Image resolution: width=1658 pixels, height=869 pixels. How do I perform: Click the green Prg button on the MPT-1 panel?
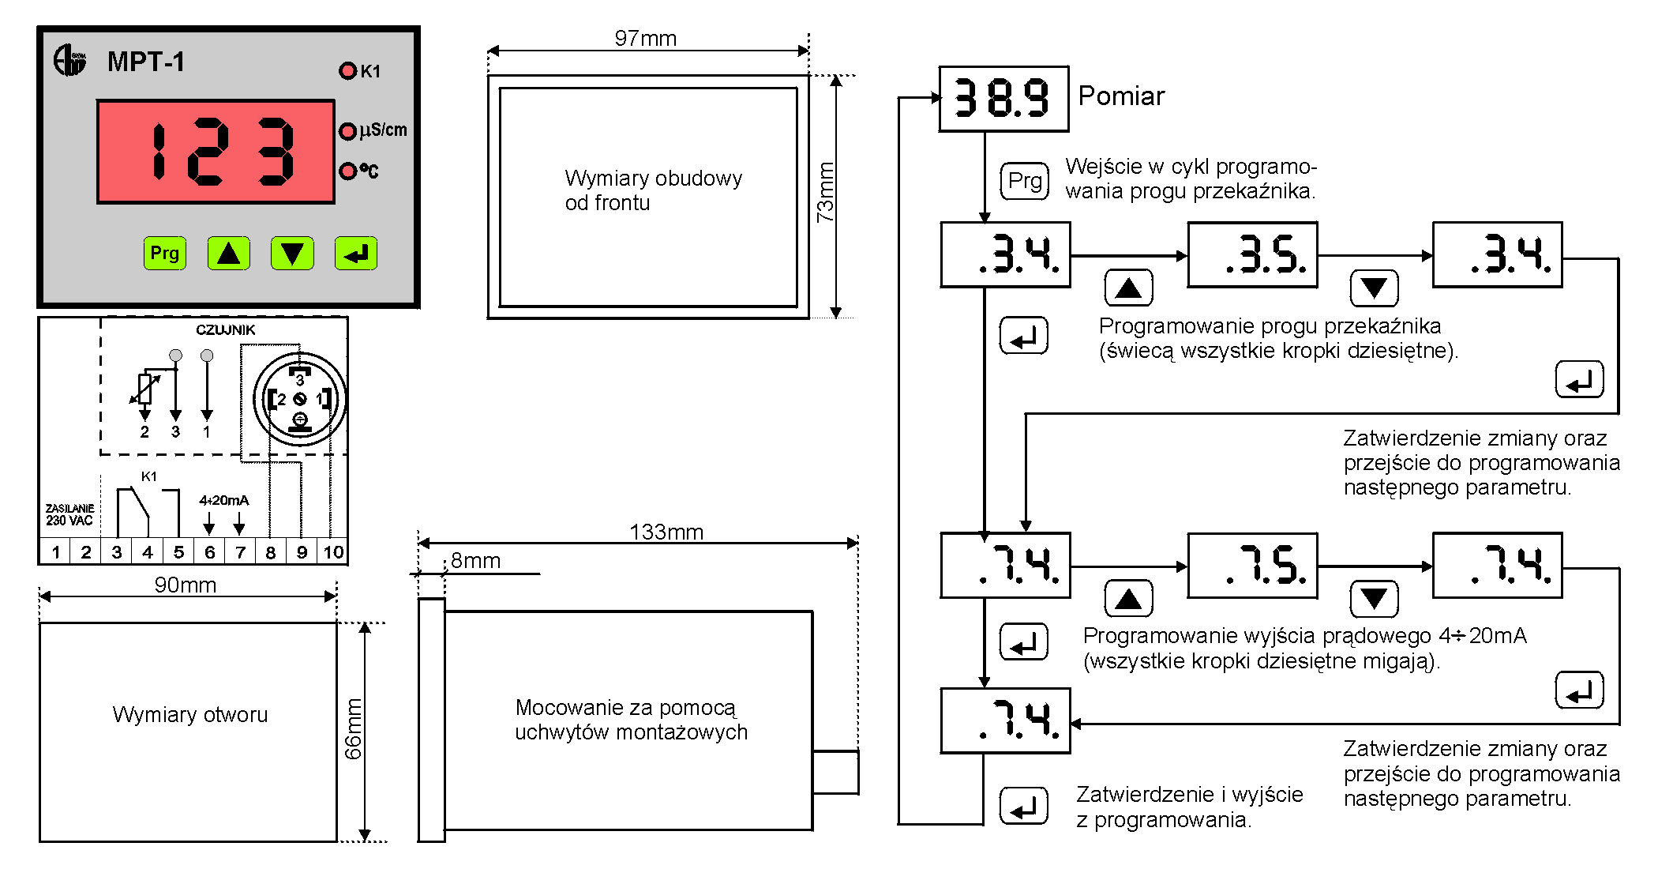[165, 254]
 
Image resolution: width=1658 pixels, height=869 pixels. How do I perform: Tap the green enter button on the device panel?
[356, 254]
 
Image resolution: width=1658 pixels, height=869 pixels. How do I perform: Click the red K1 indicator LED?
[347, 70]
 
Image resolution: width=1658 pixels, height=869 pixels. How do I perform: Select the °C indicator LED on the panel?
[347, 171]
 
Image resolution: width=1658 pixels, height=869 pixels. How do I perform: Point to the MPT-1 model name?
[146, 62]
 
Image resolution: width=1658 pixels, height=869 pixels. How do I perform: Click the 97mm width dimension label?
[645, 38]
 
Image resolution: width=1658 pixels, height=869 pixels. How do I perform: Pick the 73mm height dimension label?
[825, 192]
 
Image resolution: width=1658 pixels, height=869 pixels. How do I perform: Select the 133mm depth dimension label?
[666, 532]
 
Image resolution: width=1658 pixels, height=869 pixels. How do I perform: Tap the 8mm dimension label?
[475, 560]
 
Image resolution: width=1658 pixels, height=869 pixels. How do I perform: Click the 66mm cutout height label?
[353, 728]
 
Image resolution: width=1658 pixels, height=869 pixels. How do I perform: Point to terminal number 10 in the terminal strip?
[333, 552]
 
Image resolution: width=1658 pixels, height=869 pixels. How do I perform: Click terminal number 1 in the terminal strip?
[55, 552]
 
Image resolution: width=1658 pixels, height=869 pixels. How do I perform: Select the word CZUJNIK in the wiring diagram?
[226, 329]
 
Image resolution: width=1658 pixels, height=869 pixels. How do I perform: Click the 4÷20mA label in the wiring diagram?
[224, 500]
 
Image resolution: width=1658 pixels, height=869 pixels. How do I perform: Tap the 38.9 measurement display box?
[1003, 99]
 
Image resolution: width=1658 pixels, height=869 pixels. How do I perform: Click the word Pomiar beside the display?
[1121, 96]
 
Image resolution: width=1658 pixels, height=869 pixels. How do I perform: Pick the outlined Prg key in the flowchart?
[1025, 181]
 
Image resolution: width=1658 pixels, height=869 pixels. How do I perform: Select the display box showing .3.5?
[1253, 254]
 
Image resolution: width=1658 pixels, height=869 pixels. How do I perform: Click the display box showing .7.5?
[1253, 565]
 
